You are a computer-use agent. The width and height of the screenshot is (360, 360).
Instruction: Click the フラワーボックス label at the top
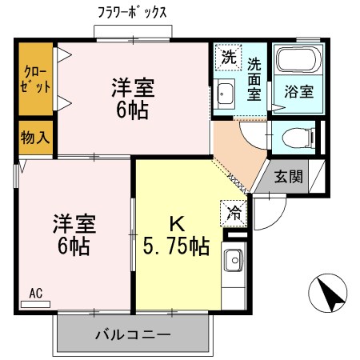[x=131, y=14]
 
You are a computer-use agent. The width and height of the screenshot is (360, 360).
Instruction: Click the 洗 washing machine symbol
[x=229, y=58]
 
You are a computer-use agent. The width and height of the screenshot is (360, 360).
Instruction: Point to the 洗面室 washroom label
[x=254, y=77]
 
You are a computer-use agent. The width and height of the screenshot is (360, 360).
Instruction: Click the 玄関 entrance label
[x=288, y=177]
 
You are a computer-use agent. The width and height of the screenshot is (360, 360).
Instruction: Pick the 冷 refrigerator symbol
[x=235, y=212]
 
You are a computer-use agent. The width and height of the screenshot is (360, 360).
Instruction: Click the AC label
[x=35, y=293]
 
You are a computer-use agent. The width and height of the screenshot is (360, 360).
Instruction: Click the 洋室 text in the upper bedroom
[x=133, y=87]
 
